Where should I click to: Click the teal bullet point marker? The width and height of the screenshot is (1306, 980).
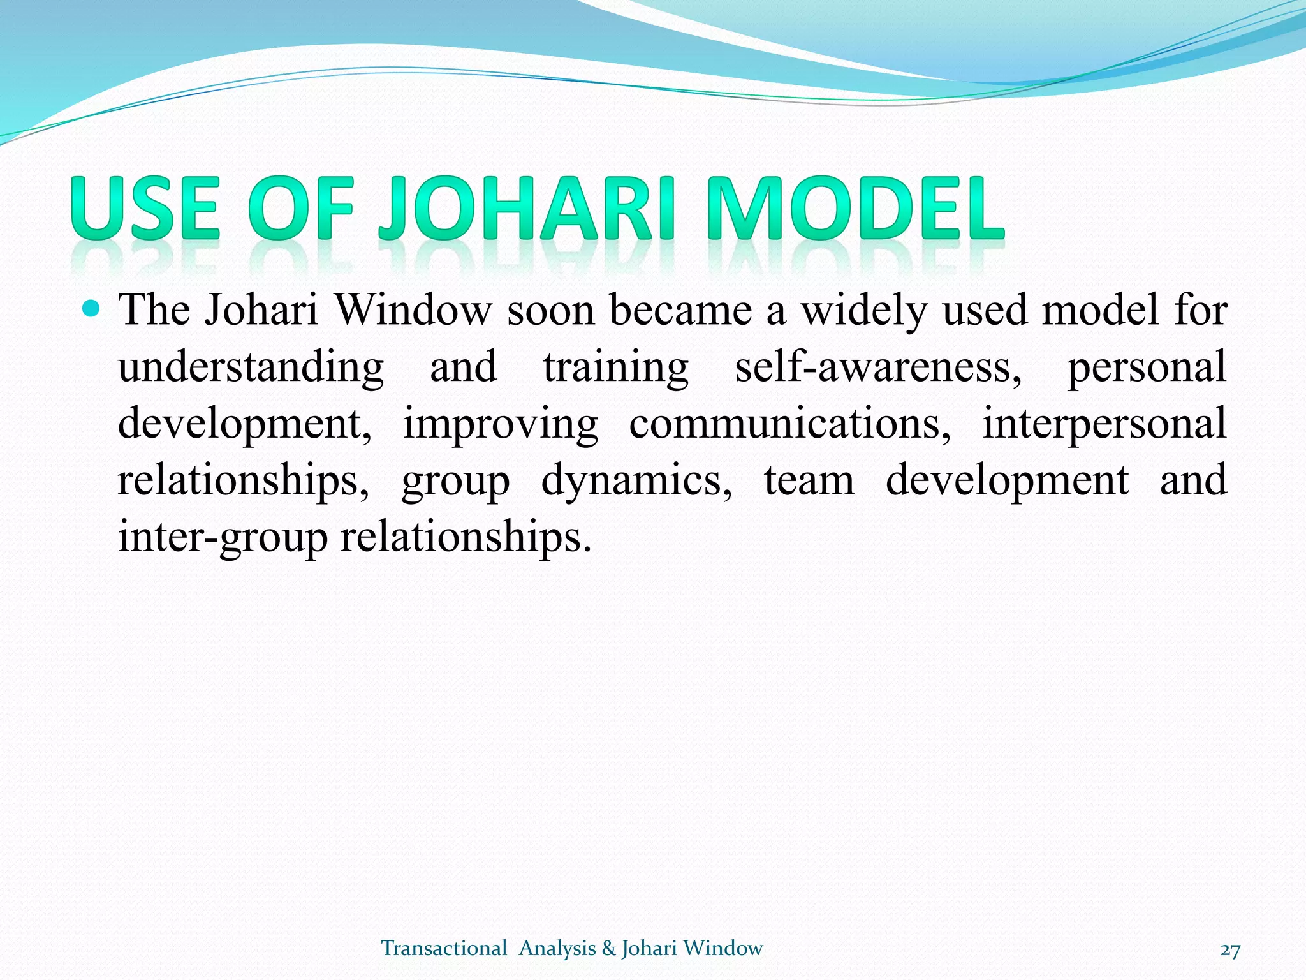tap(92, 309)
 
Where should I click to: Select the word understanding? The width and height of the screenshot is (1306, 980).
tap(251, 367)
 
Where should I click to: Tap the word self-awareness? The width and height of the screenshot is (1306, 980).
tap(878, 367)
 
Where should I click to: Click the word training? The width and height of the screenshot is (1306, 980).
tap(616, 367)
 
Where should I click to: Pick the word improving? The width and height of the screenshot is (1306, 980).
tap(501, 424)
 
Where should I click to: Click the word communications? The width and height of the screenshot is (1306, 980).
tap(789, 424)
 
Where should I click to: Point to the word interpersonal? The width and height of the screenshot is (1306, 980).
tap(1104, 424)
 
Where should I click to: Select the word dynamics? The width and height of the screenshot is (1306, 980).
tap(636, 481)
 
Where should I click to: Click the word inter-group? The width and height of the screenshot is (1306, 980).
tap(223, 537)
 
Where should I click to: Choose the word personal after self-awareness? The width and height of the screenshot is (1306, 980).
tap(1147, 367)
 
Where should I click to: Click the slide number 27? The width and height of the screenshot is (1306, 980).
tap(1230, 950)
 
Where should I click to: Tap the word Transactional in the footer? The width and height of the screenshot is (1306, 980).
tap(444, 948)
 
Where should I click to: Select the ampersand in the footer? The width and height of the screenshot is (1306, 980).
tap(608, 949)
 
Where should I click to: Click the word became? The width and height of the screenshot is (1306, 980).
tap(680, 310)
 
